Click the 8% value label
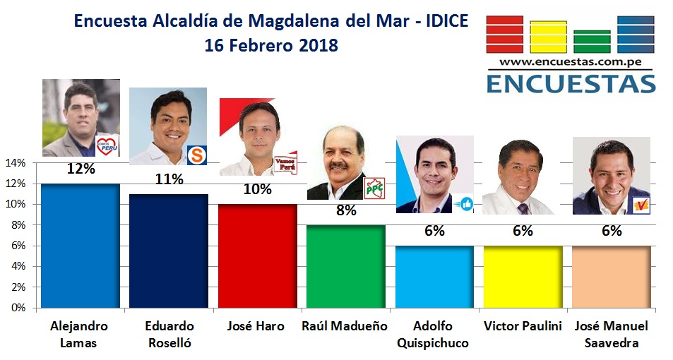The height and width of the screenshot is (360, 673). click(345, 210)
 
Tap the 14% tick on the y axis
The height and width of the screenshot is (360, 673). click(16, 163)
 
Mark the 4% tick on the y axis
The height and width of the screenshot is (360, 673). click(18, 267)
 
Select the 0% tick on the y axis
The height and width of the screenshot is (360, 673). click(18, 308)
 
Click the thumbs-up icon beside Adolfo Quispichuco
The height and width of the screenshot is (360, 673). click(465, 203)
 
